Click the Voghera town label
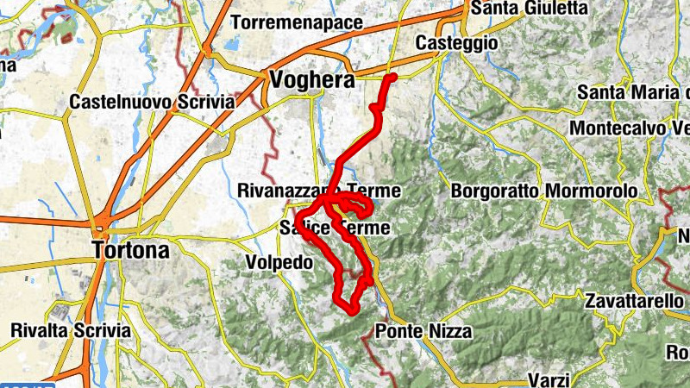point(312,80)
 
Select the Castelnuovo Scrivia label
point(152,102)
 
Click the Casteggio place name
point(456,43)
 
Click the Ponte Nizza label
point(423,329)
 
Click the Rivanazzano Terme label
point(318,190)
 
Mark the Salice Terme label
point(335,228)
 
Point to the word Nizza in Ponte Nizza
point(447,329)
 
